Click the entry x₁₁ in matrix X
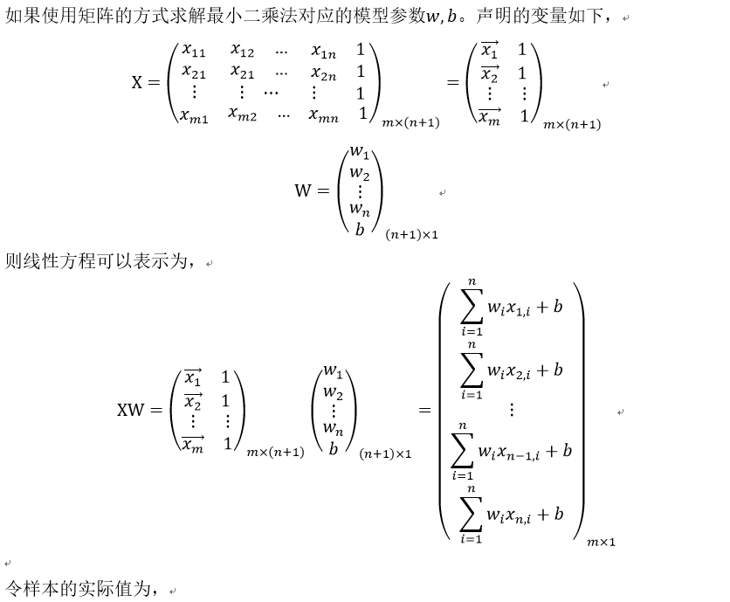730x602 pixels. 193,52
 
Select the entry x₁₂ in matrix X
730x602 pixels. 243,52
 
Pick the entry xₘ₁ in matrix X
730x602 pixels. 194,114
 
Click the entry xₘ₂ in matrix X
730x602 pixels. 243,114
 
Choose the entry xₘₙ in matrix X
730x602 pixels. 323,114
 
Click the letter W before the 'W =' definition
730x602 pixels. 304,190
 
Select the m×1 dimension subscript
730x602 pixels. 601,543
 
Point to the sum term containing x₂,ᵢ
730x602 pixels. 511,370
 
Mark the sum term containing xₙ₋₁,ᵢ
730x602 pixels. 512,451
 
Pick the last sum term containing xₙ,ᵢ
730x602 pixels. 511,514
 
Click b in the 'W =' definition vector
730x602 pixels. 359,229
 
